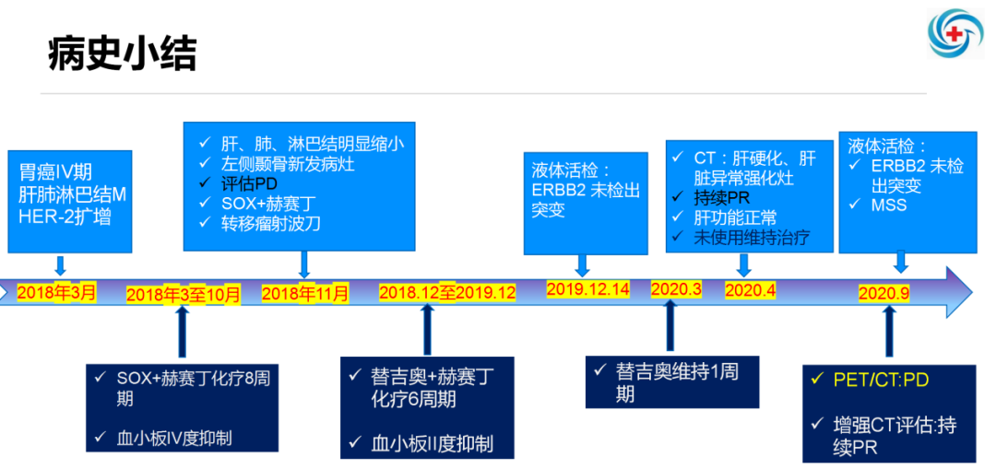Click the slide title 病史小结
(x=122, y=54)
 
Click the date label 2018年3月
(x=56, y=293)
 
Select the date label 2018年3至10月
(x=183, y=295)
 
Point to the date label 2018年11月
(x=305, y=294)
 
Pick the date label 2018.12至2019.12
(x=447, y=292)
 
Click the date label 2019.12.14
(x=587, y=289)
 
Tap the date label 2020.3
(x=676, y=289)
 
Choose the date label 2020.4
(x=751, y=290)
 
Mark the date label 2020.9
(x=884, y=293)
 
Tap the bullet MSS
(x=888, y=205)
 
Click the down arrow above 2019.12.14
(x=582, y=264)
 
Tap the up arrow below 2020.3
(x=670, y=324)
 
